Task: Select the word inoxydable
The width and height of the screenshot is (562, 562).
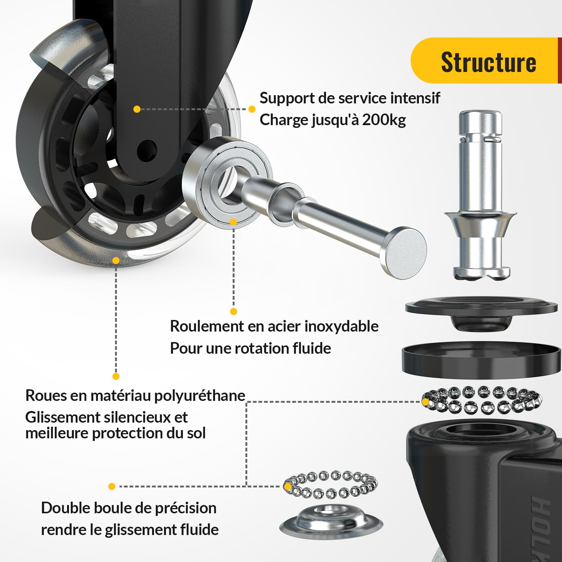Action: point(342,326)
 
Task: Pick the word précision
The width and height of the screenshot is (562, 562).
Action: point(185,508)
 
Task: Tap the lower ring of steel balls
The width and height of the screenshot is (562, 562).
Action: point(330,485)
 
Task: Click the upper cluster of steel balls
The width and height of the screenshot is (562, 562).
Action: point(482,400)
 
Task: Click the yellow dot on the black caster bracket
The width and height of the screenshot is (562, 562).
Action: point(137,109)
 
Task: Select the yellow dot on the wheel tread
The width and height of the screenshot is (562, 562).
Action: point(116,260)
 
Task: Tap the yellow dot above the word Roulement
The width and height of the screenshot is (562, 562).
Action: point(233,311)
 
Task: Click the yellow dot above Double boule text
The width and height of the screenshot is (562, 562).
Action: point(112,486)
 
